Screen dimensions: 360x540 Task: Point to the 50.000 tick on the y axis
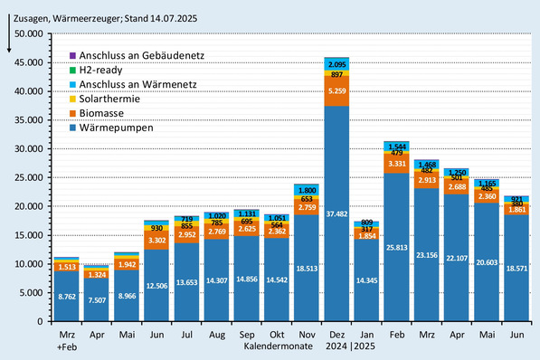click(x=28, y=33)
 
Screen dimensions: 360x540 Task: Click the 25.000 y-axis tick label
click(x=28, y=177)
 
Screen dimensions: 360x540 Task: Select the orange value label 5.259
click(x=337, y=90)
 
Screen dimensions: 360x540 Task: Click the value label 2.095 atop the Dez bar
click(x=337, y=64)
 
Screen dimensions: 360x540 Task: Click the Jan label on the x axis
click(x=367, y=335)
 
